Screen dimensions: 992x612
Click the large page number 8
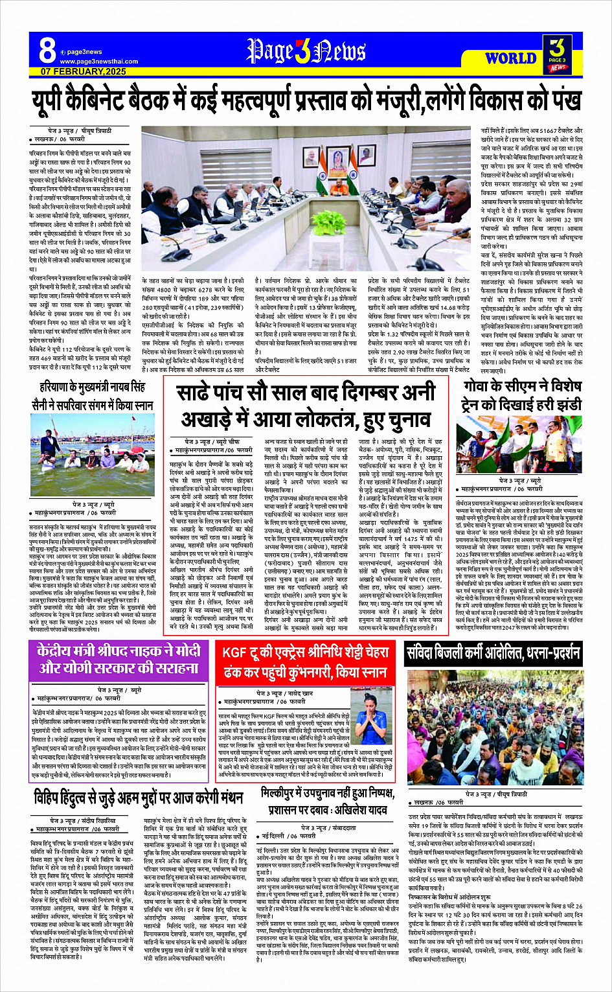coord(47,49)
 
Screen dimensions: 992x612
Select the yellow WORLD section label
coord(510,58)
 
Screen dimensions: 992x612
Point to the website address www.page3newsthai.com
coord(98,62)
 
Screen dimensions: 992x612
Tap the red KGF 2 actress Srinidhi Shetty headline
coord(305,662)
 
